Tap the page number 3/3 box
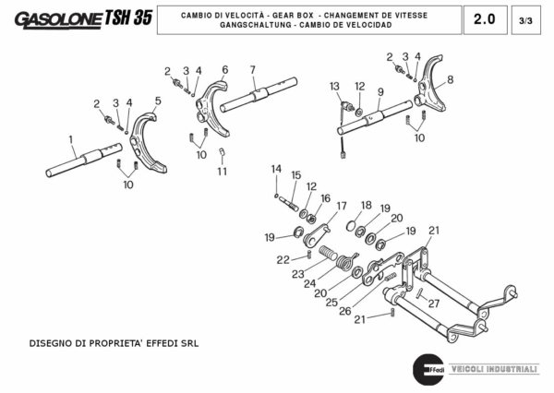(525, 19)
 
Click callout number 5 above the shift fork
(158, 101)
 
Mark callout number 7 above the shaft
(252, 70)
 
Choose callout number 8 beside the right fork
(450, 79)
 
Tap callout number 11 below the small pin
(222, 172)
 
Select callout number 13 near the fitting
(334, 86)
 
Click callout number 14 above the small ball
(275, 168)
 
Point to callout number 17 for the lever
(342, 206)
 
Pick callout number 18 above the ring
(366, 205)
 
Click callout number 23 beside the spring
(297, 274)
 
